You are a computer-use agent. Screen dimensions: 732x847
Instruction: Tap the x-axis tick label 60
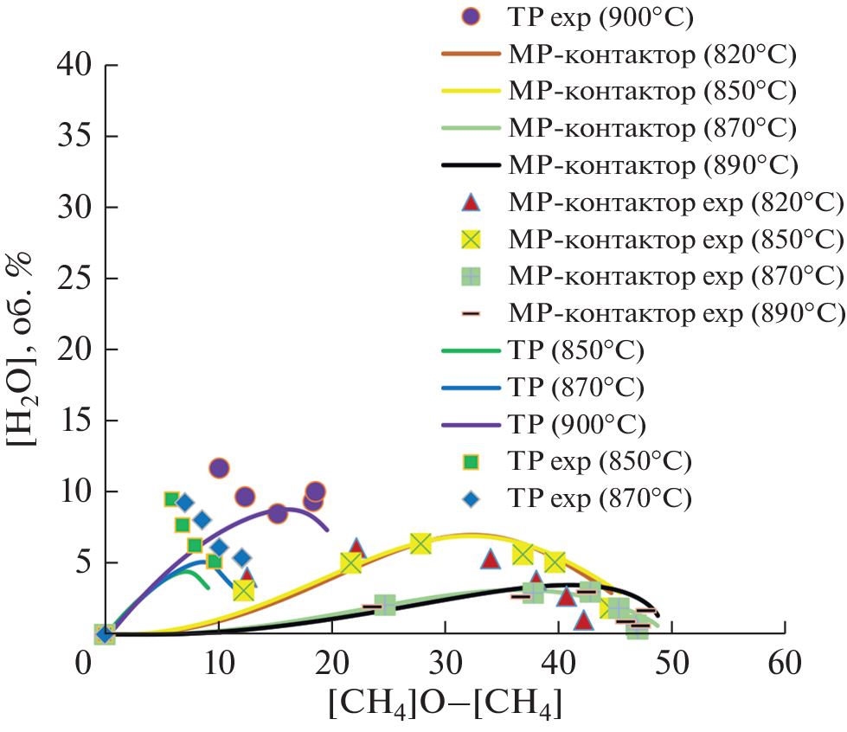click(785, 666)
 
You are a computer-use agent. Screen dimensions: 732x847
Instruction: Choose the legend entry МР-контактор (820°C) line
click(471, 54)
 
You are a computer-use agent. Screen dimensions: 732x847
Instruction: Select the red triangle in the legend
click(471, 202)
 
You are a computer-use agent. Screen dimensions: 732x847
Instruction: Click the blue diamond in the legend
click(471, 498)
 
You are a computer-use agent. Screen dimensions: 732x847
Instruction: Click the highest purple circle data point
click(219, 468)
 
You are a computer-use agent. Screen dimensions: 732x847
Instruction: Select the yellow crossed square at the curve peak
click(420, 543)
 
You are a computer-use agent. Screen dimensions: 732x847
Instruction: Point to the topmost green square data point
click(171, 499)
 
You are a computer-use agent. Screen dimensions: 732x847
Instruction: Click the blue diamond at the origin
click(105, 634)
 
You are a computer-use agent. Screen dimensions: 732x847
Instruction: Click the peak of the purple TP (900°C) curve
click(290, 509)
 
